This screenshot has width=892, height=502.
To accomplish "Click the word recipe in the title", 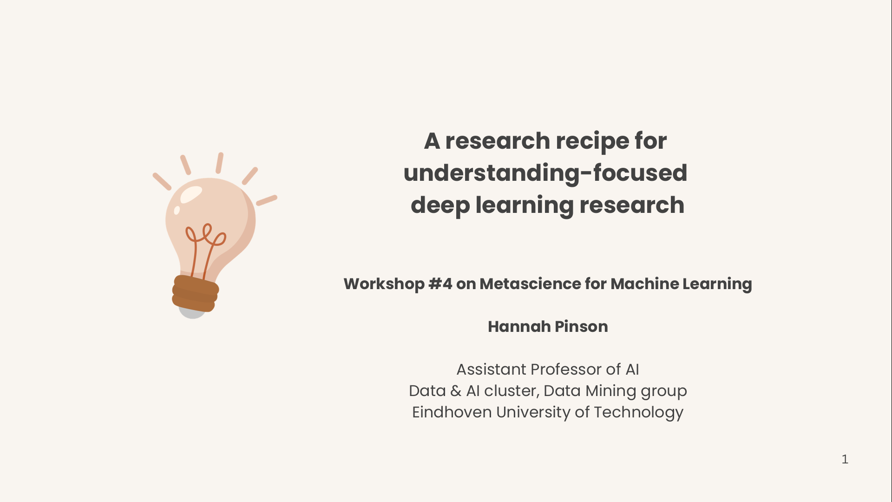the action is tap(590, 142).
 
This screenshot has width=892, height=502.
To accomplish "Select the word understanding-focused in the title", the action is tap(545, 173).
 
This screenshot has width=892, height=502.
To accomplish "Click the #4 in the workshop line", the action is tap(440, 284).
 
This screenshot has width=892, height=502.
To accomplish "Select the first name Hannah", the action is tap(519, 327).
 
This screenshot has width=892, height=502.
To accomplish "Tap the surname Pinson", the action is tap(581, 327).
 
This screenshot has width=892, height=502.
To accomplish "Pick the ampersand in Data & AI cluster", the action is tap(456, 391).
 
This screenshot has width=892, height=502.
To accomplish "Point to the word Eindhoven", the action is tap(452, 412).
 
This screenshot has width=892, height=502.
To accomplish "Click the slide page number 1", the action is tap(845, 459).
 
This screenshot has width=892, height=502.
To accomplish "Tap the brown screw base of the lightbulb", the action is tap(195, 293).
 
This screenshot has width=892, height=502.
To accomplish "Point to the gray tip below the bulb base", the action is tap(192, 314).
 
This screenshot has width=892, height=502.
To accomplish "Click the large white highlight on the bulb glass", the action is tap(190, 195).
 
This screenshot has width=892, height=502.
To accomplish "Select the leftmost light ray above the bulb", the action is tap(162, 181).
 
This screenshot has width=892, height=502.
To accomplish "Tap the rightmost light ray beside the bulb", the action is tap(267, 200).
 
